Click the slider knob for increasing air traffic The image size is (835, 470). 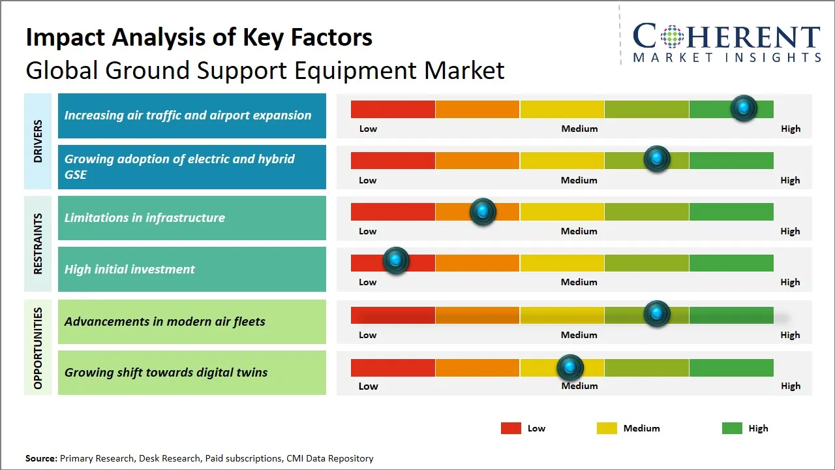(x=744, y=108)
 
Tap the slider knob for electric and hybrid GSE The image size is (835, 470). (x=657, y=159)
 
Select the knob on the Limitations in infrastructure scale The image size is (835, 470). (x=483, y=211)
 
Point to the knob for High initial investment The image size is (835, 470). (x=395, y=260)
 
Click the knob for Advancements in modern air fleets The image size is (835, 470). (x=657, y=314)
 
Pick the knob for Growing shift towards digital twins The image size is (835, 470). (x=570, y=368)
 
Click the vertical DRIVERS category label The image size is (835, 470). (x=38, y=141)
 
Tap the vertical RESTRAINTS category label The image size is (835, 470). (x=38, y=243)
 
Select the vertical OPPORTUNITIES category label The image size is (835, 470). (x=38, y=348)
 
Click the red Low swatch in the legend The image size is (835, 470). (x=511, y=428)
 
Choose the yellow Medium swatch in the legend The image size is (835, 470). (x=607, y=428)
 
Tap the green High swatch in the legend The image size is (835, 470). (x=732, y=428)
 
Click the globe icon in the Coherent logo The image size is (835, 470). (x=671, y=36)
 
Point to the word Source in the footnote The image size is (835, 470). (x=41, y=458)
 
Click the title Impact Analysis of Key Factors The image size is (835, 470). (x=199, y=37)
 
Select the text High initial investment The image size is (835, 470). (x=130, y=269)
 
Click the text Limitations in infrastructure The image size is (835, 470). (x=144, y=217)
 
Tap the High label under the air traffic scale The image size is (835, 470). (x=791, y=129)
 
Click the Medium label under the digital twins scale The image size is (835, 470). (x=579, y=386)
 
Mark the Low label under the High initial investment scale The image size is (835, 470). (x=368, y=282)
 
